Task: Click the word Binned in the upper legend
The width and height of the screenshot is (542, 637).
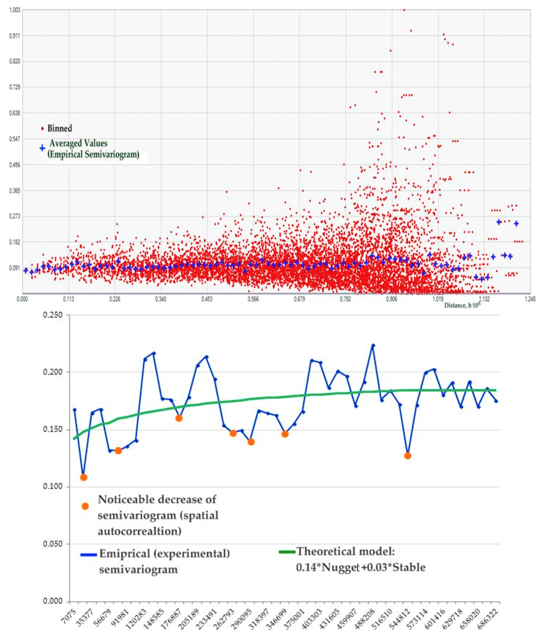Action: pyautogui.click(x=60, y=128)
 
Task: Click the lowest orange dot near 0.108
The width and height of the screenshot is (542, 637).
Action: pyautogui.click(x=84, y=477)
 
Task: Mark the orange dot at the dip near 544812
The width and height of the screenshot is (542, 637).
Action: pyautogui.click(x=407, y=456)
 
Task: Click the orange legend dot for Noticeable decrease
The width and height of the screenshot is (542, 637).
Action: pyautogui.click(x=85, y=506)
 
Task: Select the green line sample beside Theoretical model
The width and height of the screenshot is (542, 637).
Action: pyautogui.click(x=287, y=552)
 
